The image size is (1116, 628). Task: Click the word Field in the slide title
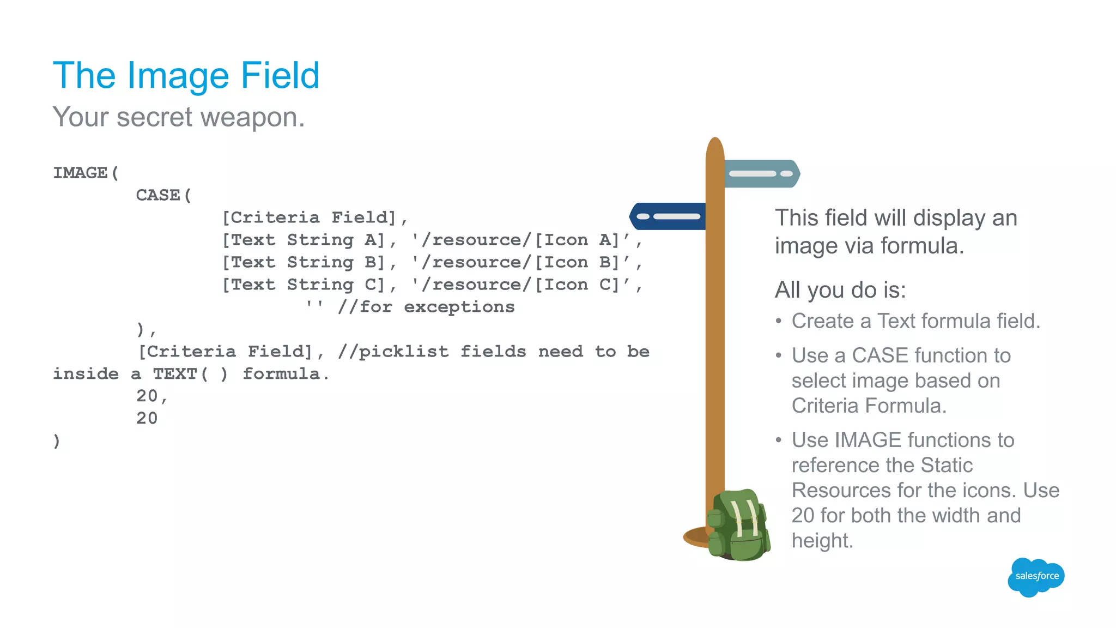280,75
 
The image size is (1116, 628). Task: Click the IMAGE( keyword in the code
86,173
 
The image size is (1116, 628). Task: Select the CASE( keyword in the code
163,195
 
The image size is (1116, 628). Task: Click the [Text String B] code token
304,262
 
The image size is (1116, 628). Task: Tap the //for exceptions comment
426,307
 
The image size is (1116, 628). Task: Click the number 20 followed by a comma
151,396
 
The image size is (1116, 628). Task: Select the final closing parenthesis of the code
57,440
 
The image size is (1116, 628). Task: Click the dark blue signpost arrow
667,216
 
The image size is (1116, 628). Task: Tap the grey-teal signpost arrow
762,173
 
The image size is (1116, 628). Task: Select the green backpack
739,526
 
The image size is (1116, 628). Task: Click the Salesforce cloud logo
1036,576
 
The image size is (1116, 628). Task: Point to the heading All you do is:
840,290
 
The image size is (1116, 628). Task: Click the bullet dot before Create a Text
779,321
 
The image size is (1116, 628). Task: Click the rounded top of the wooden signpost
714,147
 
